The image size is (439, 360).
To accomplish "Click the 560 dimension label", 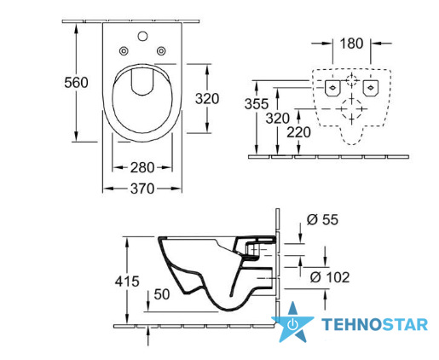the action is click(x=76, y=83).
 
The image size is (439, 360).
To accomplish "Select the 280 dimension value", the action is click(x=142, y=167).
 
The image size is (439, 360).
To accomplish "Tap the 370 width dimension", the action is click(x=142, y=189).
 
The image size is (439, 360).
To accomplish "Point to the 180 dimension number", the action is click(x=351, y=44).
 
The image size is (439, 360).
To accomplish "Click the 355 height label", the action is click(x=257, y=104).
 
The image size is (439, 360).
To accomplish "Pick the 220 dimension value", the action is click(x=298, y=132).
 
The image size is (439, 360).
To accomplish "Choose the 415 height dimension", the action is click(x=127, y=282).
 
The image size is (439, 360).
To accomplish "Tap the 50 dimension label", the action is click(x=162, y=294).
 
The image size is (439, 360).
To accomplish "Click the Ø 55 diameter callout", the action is click(x=322, y=220).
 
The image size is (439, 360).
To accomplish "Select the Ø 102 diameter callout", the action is click(x=330, y=277).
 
